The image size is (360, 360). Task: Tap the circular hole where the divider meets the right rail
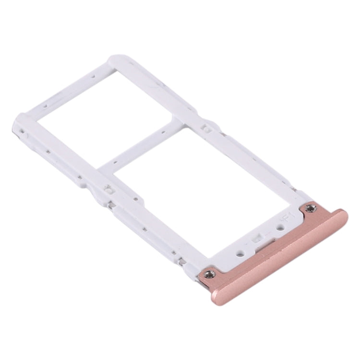pyautogui.click(x=204, y=129)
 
